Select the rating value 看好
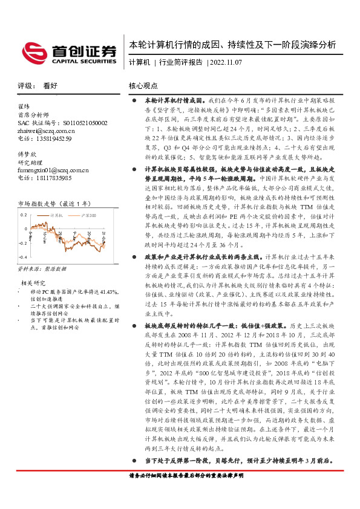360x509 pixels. [50, 86]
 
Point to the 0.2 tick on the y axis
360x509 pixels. [24, 215]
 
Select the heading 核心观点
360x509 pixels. [144, 86]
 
